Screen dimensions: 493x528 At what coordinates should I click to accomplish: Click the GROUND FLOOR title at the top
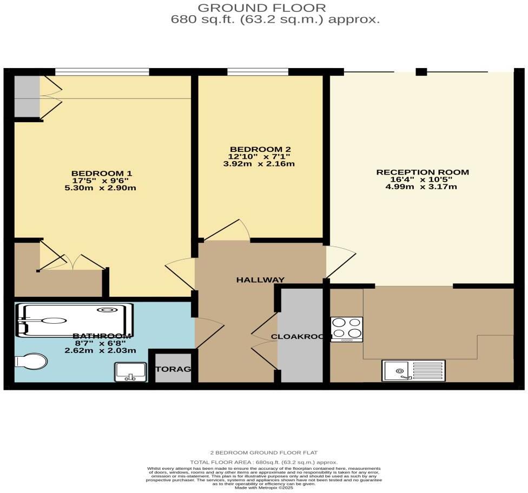click(262, 8)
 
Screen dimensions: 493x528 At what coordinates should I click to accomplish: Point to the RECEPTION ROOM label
click(423, 172)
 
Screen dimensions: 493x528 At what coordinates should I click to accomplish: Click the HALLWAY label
click(260, 280)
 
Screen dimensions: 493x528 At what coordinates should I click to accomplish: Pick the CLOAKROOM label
click(301, 337)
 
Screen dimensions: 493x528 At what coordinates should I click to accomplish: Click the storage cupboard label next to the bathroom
click(173, 369)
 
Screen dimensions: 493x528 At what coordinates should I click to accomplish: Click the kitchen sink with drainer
click(413, 371)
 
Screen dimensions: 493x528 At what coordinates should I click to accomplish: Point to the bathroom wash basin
click(130, 372)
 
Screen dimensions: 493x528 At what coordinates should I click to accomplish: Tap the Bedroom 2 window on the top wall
click(258, 71)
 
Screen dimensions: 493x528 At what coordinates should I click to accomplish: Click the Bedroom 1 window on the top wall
click(102, 71)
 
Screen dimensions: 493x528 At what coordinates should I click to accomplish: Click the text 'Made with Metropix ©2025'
click(264, 487)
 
